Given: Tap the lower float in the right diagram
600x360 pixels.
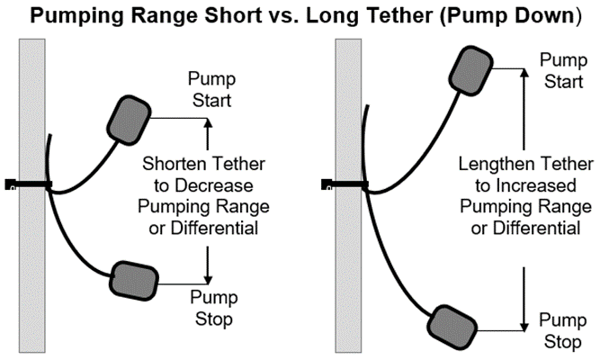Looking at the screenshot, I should [453, 321].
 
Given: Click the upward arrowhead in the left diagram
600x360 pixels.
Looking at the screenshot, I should [207, 126].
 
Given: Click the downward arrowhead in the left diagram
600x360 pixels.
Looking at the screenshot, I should [207, 280].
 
